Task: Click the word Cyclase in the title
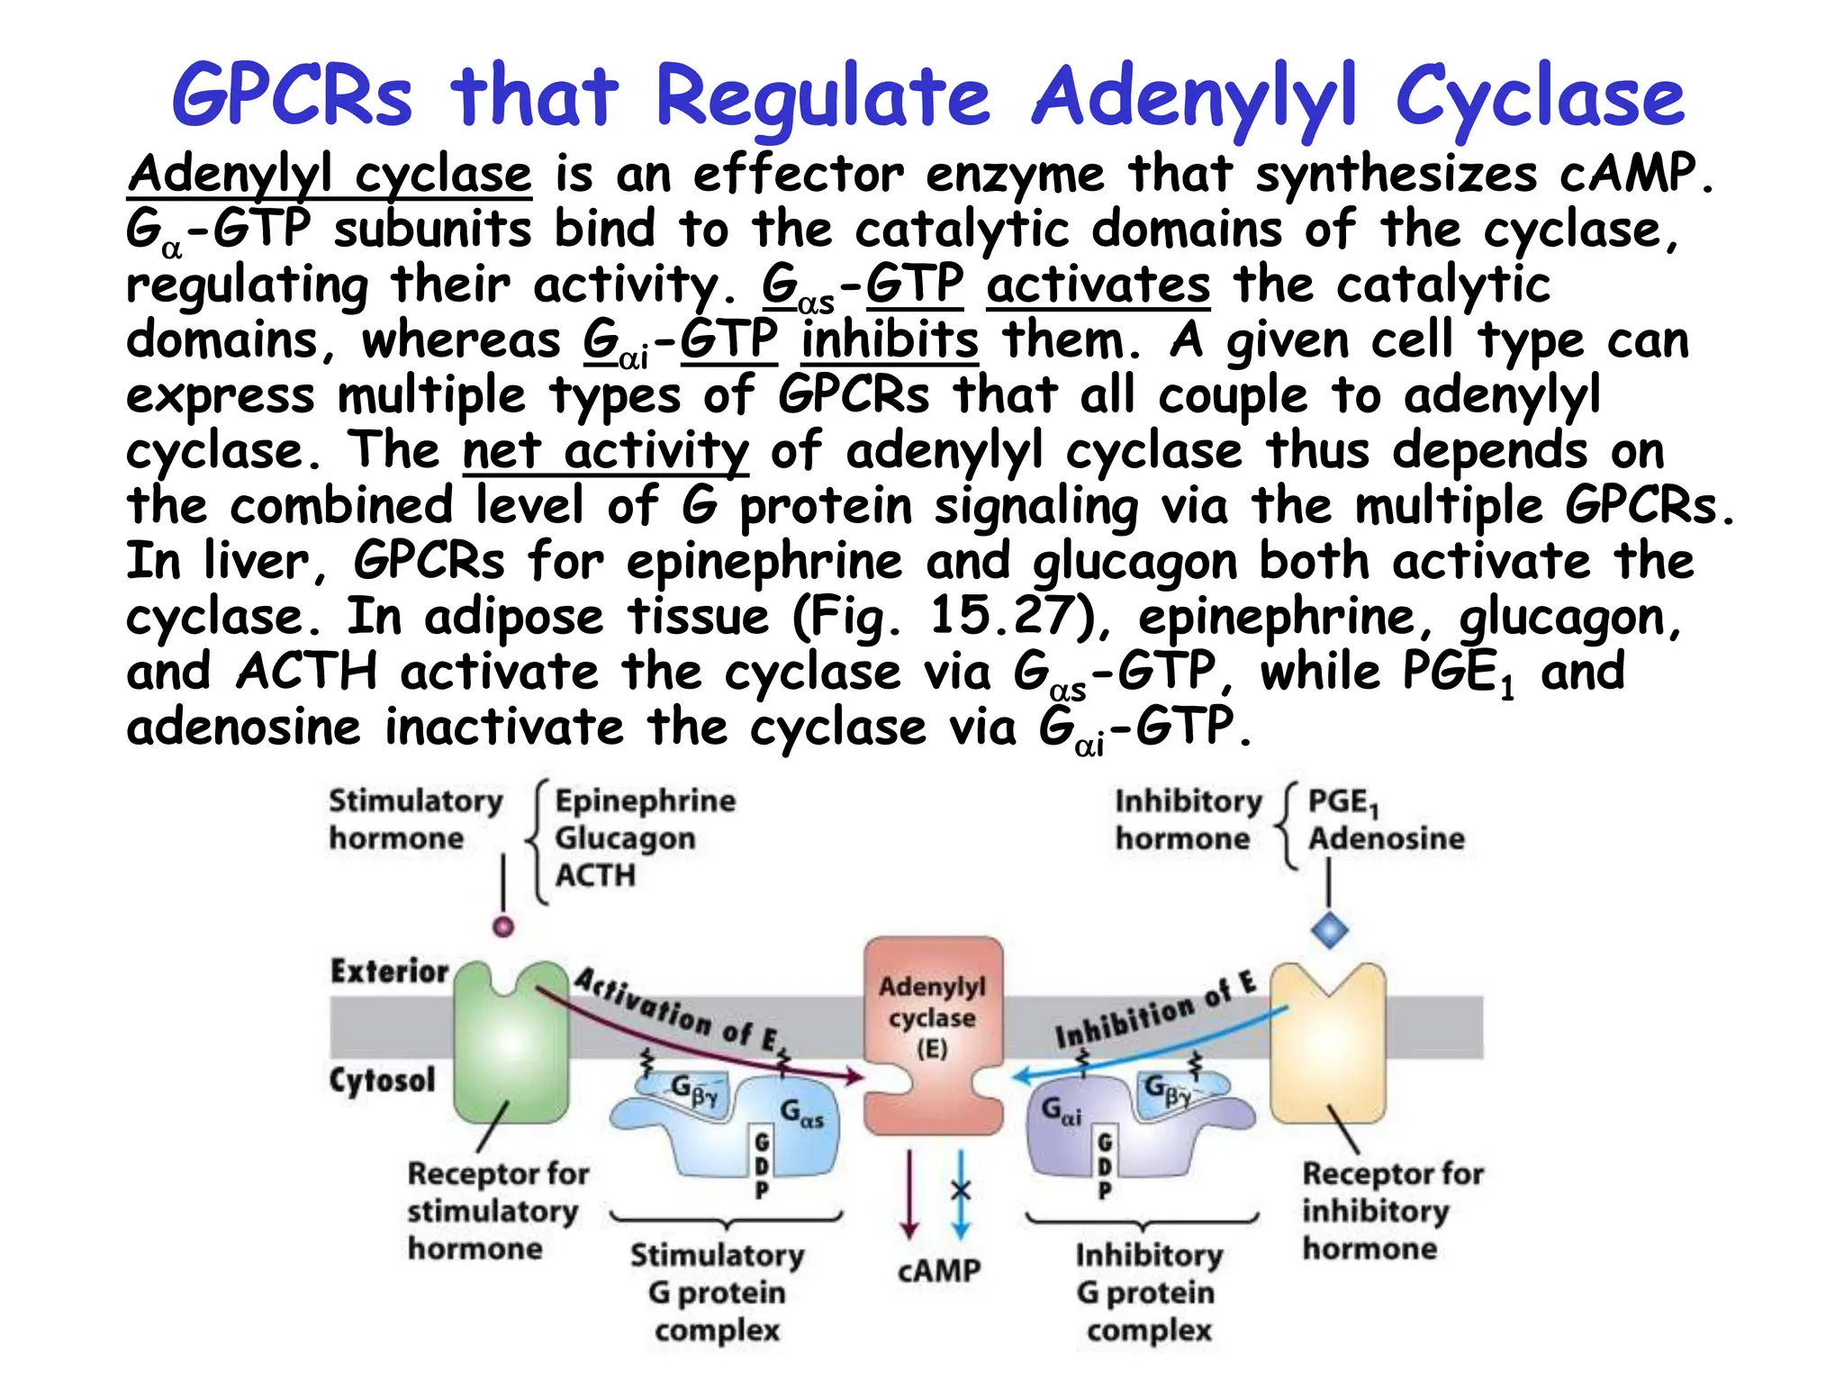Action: (x=1540, y=97)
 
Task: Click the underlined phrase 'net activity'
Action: (x=605, y=451)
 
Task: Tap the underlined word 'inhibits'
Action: (x=890, y=340)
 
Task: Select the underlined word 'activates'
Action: (x=1098, y=285)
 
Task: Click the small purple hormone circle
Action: (x=503, y=926)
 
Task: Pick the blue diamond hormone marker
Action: (x=1330, y=929)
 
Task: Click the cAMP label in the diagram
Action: (x=938, y=1270)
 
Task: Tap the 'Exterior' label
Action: (x=389, y=971)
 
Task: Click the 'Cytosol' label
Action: (x=382, y=1080)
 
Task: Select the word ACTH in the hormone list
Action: (x=595, y=874)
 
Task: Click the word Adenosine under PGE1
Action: (x=1386, y=838)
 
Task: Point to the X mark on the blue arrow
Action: (x=961, y=1191)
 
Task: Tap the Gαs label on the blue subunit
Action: (x=801, y=1113)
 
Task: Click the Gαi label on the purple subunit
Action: (x=1062, y=1110)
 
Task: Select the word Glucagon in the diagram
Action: (x=625, y=838)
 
